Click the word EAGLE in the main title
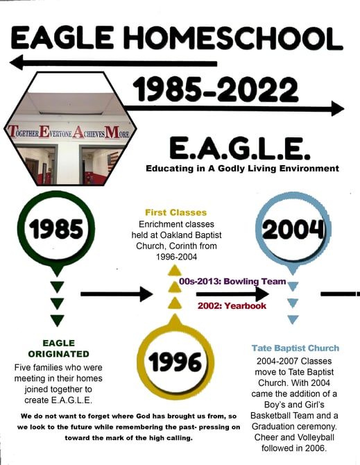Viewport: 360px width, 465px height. (62, 37)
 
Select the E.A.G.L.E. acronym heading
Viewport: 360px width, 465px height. (240, 148)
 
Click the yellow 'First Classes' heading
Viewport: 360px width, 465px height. (176, 212)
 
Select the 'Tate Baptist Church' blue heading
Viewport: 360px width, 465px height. (295, 348)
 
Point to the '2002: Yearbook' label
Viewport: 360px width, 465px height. (232, 305)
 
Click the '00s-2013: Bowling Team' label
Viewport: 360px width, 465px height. (232, 281)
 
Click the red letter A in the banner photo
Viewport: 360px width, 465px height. (78, 132)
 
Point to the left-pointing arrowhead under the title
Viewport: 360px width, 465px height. (17, 63)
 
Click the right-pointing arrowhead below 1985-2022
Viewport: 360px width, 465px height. (337, 108)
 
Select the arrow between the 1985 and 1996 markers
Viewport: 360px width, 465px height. (117, 294)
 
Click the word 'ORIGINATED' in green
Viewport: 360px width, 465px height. (59, 354)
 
